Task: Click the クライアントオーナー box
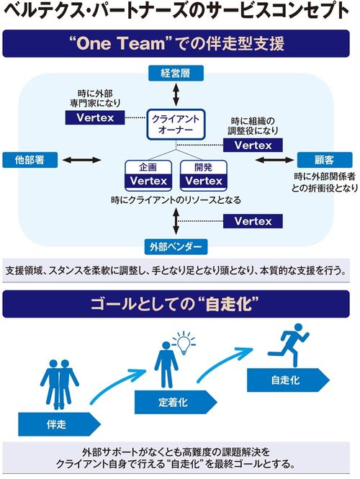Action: [176, 124]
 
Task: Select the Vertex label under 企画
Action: [148, 181]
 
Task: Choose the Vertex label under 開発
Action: [199, 181]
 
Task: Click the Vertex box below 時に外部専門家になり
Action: [95, 117]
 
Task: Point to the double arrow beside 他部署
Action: [80, 159]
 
